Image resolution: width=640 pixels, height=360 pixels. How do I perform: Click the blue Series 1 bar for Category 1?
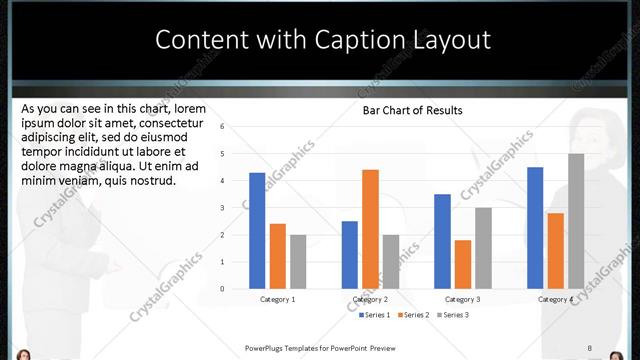pos(257,231)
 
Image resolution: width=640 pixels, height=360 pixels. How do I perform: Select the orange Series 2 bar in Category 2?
pos(370,229)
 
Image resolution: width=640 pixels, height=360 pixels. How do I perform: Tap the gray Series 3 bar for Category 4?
pos(576,221)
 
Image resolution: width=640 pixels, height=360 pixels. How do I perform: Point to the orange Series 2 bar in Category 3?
pos(462,264)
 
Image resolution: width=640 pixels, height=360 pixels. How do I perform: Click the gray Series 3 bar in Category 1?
pos(298,262)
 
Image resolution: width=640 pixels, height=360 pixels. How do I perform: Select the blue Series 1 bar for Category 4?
pos(535,228)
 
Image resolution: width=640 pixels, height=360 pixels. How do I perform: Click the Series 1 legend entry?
pos(375,315)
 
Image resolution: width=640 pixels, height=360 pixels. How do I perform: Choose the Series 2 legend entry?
pos(415,315)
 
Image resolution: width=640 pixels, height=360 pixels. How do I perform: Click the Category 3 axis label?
pos(462,299)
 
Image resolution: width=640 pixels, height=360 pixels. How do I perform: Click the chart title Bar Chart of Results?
pos(412,110)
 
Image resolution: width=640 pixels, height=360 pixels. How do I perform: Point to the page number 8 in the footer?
pos(590,348)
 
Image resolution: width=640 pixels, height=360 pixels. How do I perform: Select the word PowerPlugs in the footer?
pos(265,348)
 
